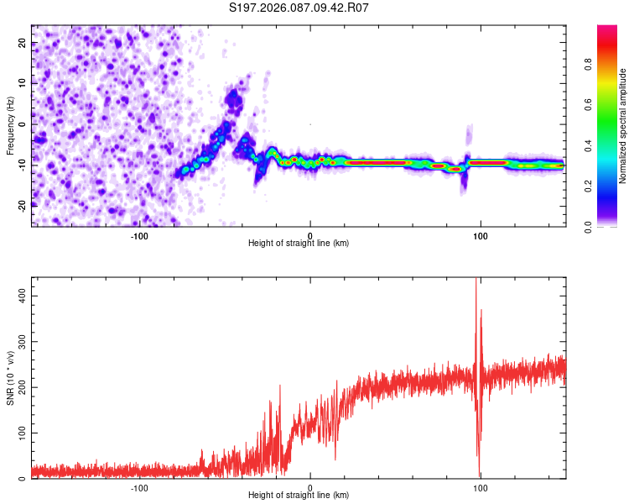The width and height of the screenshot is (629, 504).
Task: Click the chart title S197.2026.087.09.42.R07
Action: pos(299,8)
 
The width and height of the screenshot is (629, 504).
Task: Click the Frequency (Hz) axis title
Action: pos(10,126)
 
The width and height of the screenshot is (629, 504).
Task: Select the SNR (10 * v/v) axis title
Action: pos(10,378)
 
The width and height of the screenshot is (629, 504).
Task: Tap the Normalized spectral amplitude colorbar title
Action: pos(623,126)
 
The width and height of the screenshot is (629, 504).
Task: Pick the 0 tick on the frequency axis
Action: pos(23,124)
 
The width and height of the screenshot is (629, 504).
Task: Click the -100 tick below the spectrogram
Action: pos(139,236)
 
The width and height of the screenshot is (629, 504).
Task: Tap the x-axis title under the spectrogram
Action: pos(299,244)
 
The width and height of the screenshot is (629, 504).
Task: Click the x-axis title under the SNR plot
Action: pos(299,496)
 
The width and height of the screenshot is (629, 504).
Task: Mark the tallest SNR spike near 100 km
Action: pos(476,281)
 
